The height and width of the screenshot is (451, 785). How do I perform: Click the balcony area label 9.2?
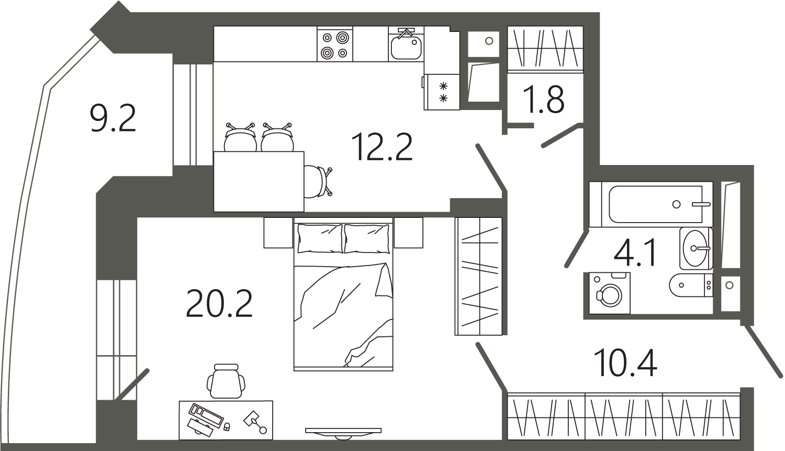113,119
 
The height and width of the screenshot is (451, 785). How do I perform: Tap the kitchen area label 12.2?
382,147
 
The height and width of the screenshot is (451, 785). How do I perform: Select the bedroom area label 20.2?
219,303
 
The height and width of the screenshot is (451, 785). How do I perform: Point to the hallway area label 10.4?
625,363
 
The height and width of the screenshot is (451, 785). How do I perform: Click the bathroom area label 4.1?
635,252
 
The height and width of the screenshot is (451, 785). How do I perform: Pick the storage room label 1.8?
544,99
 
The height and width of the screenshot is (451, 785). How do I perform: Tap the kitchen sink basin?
406,48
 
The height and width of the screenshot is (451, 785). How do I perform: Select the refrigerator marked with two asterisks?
442,92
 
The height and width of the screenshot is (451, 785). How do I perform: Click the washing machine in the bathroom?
610,293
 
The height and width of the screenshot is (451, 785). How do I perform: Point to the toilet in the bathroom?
691,285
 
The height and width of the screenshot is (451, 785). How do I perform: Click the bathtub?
652,204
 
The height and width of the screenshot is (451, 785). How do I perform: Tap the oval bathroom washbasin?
694,248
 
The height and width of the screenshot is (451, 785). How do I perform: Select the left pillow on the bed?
320,238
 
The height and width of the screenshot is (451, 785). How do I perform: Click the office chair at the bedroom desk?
226,381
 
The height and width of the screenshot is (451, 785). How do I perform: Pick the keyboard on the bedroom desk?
206,415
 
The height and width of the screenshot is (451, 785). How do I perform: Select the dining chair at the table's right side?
318,182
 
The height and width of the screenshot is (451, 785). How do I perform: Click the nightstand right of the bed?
408,233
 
